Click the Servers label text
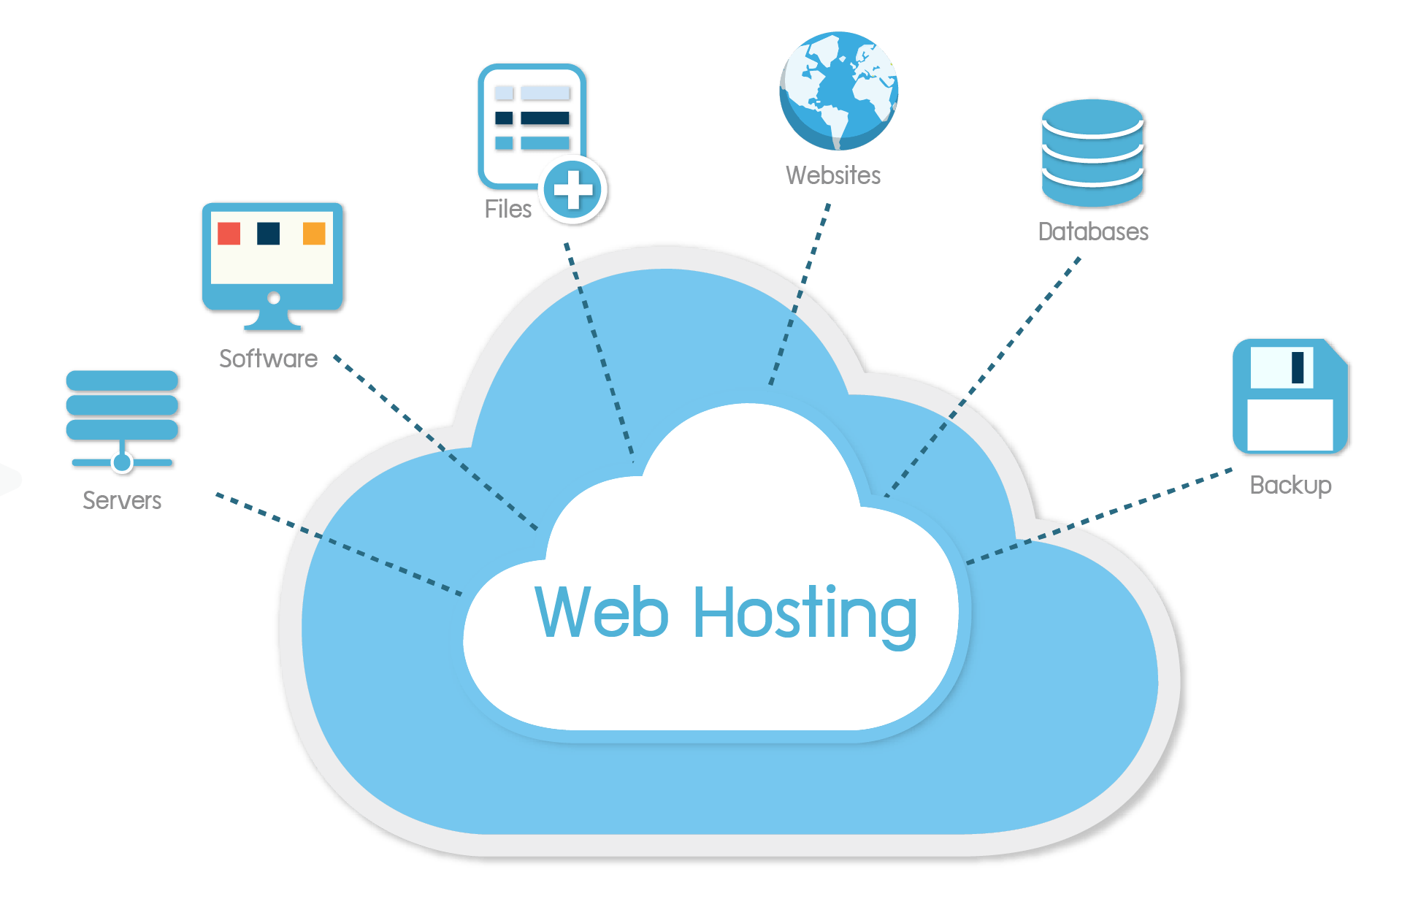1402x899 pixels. (x=122, y=500)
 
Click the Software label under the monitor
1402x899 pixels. (x=268, y=359)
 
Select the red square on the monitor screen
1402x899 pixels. (x=229, y=234)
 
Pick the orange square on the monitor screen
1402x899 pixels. (x=314, y=234)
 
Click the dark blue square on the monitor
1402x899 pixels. (x=269, y=234)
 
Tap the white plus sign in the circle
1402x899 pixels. (x=573, y=191)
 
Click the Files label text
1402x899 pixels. (x=507, y=210)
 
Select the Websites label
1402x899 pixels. (x=833, y=175)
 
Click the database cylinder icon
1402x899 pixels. (x=1093, y=153)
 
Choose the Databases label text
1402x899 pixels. (x=1093, y=232)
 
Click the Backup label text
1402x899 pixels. (x=1290, y=485)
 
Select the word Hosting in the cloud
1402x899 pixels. (x=805, y=613)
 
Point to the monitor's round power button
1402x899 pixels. (x=274, y=297)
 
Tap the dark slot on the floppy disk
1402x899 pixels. (x=1298, y=367)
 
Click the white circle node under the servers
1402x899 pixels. (x=123, y=462)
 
